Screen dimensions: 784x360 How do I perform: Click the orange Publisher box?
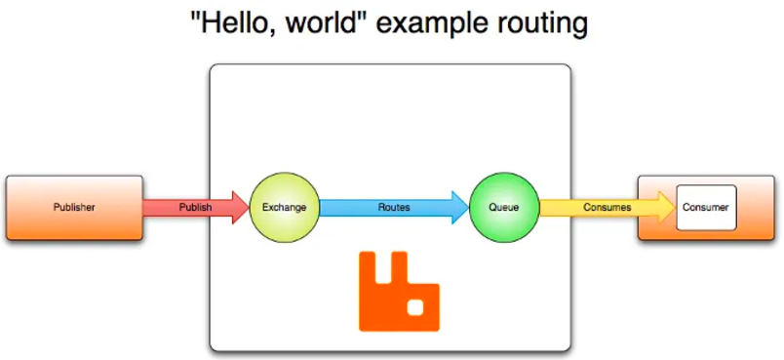tap(74, 208)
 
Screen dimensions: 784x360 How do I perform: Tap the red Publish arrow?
tap(195, 207)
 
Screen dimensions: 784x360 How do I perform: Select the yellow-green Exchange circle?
tap(284, 207)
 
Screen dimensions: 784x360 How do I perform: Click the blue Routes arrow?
tap(394, 207)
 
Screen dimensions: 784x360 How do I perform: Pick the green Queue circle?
tap(504, 207)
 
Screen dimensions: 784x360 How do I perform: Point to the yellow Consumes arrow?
tap(608, 207)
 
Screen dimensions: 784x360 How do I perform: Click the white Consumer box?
tap(706, 208)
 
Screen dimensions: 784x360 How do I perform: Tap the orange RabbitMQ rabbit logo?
tap(399, 291)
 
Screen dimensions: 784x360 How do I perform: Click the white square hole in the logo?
tap(415, 307)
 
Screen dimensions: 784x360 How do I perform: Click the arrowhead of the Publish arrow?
tap(241, 207)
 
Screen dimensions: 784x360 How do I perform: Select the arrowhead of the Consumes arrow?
tap(667, 207)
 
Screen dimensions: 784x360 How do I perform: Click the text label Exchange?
tap(284, 207)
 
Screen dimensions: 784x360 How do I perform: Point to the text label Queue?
tap(504, 207)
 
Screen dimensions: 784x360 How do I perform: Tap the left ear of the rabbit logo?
tap(367, 267)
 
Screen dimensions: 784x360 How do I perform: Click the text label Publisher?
tap(74, 207)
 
